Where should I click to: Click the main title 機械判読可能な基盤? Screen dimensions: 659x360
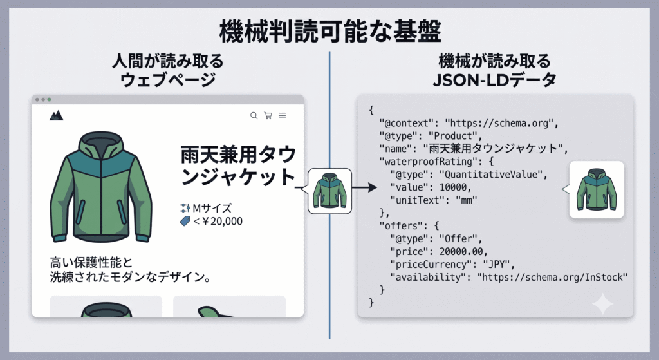(x=330, y=31)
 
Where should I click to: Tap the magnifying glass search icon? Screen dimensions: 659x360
(x=254, y=115)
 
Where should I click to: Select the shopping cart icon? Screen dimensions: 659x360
(x=268, y=115)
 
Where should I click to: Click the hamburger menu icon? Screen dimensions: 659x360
(x=283, y=115)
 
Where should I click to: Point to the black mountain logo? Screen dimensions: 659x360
(x=57, y=115)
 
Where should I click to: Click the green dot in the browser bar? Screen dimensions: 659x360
(x=49, y=100)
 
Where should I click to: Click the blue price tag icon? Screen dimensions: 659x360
(x=185, y=221)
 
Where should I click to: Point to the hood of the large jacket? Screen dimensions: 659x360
(x=101, y=143)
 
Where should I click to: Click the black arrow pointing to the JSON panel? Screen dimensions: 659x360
(x=364, y=187)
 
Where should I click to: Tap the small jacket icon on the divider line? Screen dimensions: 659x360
(x=330, y=191)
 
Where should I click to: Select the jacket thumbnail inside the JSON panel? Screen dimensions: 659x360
(x=597, y=189)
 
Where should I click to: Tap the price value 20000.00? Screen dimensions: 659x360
(x=461, y=252)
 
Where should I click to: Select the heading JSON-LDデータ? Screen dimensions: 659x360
(x=494, y=79)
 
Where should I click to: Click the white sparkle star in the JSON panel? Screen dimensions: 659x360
(x=602, y=303)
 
